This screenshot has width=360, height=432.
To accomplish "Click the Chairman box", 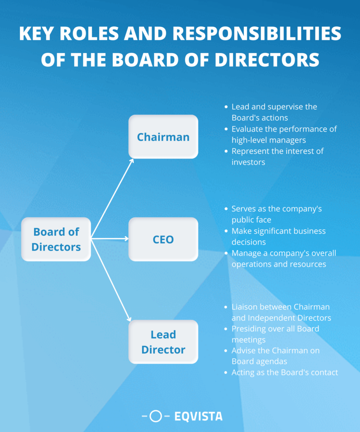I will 163,137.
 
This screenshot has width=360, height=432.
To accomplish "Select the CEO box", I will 163,239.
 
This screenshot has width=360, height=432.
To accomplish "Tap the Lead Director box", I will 163,342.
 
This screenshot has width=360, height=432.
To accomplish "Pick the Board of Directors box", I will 56,239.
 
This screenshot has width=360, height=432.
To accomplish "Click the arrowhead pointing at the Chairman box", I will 132,160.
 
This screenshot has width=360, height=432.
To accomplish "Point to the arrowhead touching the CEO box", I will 126,239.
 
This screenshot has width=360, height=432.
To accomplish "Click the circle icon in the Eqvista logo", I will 156,417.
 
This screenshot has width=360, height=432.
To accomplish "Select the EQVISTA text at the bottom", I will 198,417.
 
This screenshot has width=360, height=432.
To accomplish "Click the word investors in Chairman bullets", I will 248,162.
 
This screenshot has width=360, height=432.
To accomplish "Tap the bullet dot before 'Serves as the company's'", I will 227,209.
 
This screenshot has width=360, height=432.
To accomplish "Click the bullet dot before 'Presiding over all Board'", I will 227,329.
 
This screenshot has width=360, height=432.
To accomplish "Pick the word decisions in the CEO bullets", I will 249,242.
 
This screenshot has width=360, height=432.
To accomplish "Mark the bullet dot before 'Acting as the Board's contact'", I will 227,373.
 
